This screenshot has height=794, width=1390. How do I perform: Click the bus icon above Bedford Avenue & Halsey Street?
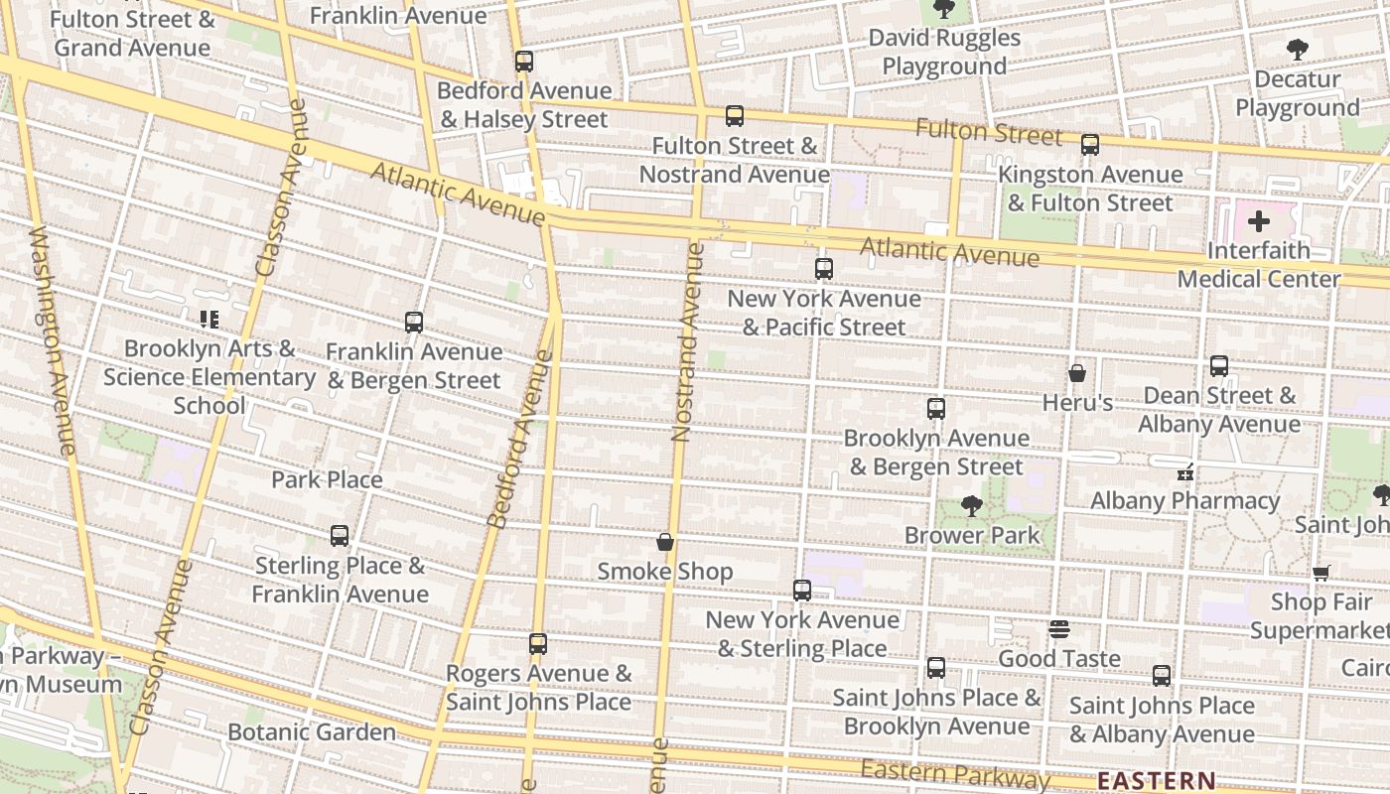524,62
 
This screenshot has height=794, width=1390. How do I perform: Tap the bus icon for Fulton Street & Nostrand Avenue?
734,116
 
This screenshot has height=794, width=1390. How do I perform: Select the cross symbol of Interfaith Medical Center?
1259,220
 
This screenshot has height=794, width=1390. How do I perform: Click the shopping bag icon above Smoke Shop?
665,542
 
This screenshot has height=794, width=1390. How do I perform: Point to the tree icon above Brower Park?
972,506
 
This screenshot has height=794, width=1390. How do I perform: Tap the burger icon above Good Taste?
1059,629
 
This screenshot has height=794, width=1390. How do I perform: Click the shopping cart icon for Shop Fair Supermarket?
1320,573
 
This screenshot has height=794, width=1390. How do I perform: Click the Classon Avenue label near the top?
281,189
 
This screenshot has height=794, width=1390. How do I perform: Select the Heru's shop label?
1077,403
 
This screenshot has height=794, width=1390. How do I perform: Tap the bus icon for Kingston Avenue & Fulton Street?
1090,145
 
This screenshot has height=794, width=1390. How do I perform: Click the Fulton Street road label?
988,131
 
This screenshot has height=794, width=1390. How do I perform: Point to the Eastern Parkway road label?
954,774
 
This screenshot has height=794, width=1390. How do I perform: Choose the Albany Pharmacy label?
1184,500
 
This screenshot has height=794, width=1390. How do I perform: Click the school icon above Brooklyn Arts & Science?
208,320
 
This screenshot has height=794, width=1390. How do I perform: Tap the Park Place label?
327,479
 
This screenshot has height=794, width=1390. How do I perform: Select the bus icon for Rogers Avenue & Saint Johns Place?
538,644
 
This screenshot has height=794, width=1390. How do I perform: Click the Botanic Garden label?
312,732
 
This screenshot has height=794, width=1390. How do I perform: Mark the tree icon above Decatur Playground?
1297,50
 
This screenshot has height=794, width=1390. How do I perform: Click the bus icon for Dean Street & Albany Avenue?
1219,366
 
